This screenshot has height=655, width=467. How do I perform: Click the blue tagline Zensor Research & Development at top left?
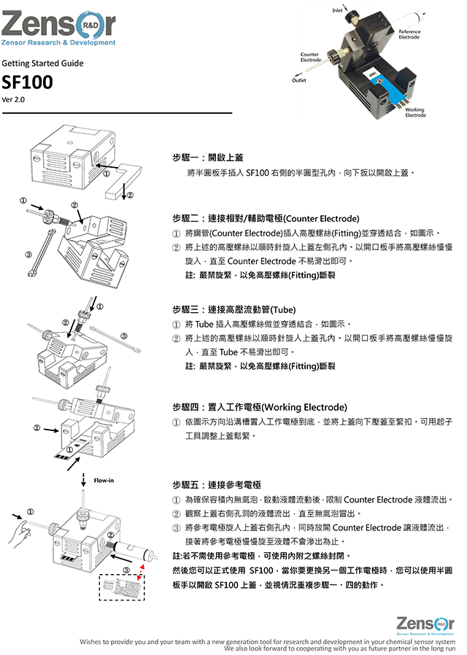point(58,43)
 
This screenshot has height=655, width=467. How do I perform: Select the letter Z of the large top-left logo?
point(16,23)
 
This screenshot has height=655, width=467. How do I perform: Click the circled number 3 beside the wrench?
point(28,255)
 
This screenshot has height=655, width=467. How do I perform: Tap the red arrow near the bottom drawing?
point(143,566)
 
